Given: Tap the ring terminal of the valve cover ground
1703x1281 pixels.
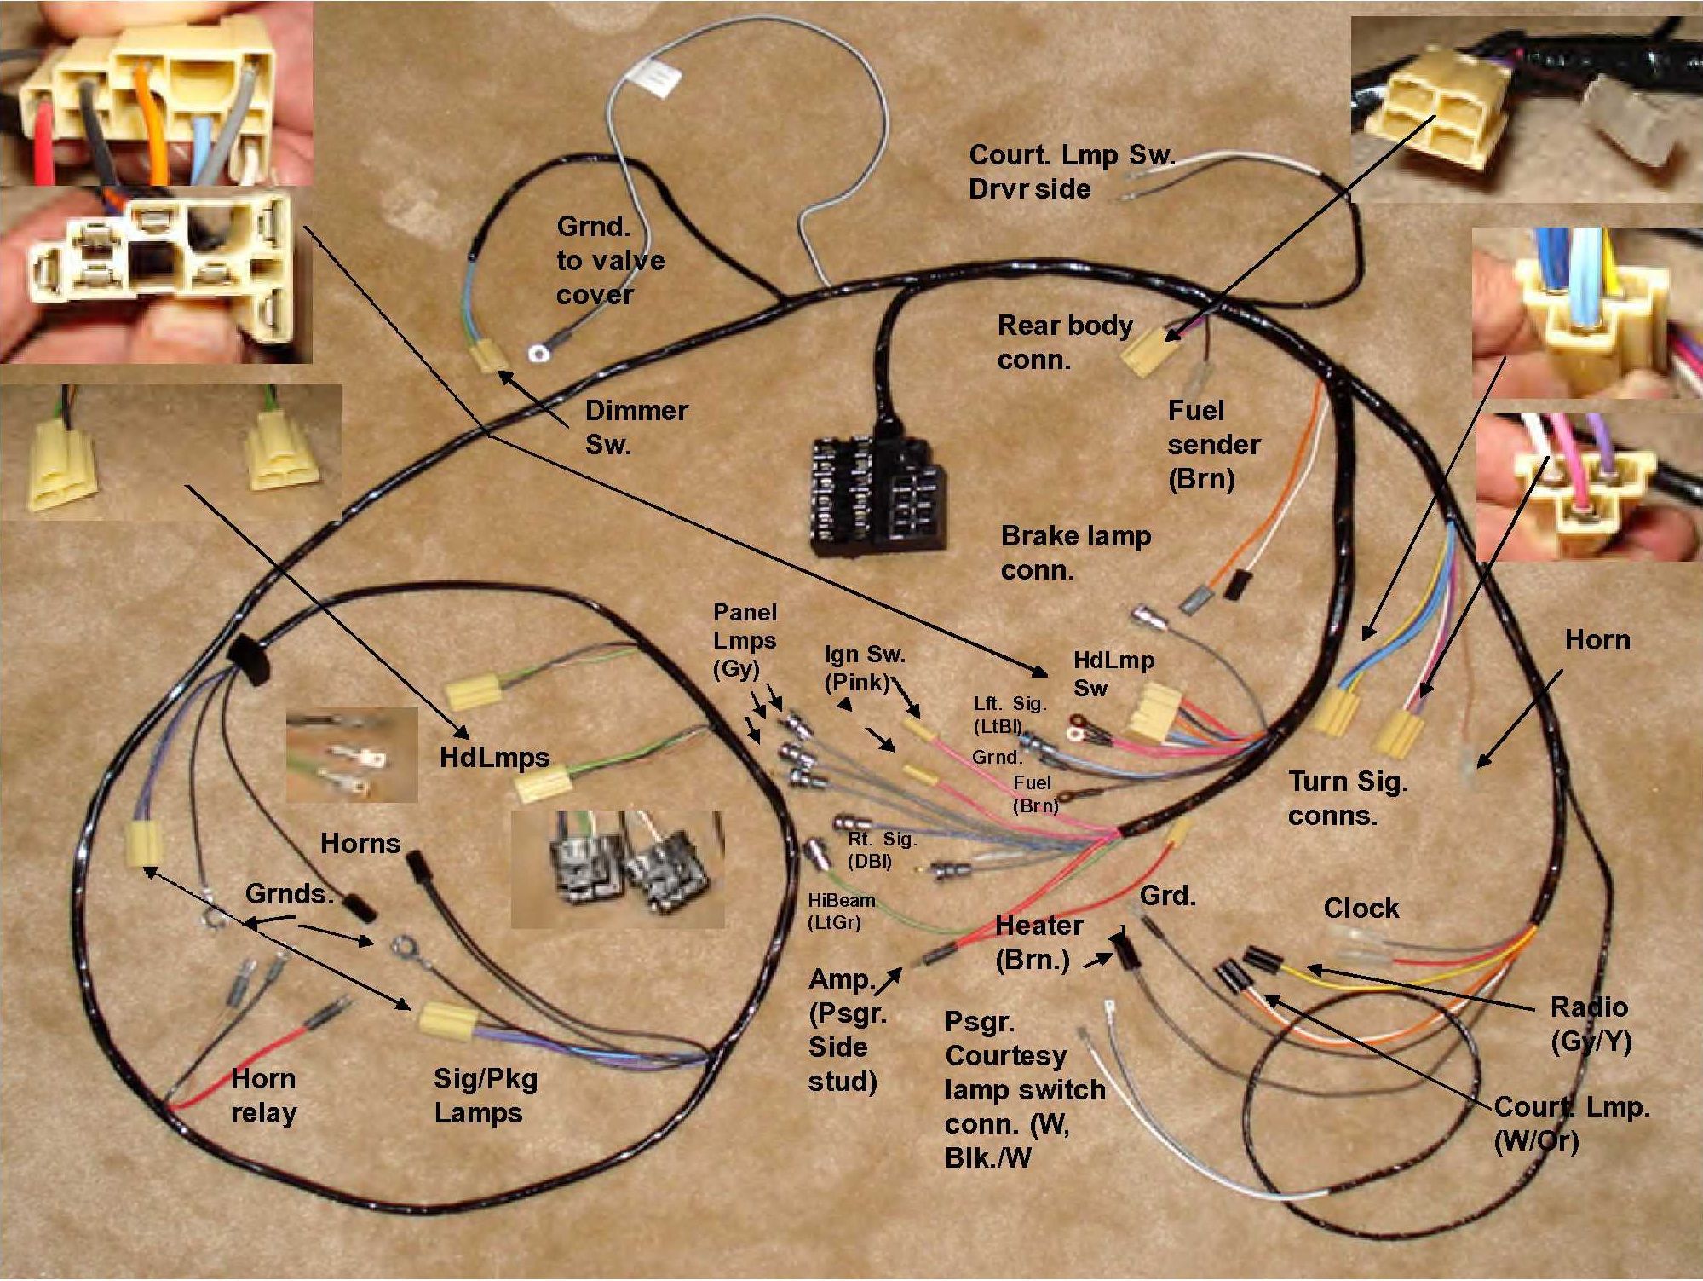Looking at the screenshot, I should [537, 352].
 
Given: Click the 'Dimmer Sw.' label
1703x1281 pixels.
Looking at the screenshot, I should [636, 427].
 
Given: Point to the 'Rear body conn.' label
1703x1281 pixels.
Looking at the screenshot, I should [1064, 342].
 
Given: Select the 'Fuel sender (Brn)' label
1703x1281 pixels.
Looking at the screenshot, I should [1213, 444].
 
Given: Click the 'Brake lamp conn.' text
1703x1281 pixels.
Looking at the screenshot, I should [1075, 552].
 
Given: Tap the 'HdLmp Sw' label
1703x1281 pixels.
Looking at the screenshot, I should [1113, 673].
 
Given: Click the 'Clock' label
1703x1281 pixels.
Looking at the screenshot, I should [1361, 908].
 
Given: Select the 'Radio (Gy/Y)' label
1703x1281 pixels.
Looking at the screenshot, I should [1589, 1023].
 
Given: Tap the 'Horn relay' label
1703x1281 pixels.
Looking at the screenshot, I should [263, 1095].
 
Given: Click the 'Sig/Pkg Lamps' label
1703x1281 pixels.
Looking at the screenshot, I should [485, 1095].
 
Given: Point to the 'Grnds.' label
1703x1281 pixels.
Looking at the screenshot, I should [289, 893].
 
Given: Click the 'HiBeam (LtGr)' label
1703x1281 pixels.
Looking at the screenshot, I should [841, 910].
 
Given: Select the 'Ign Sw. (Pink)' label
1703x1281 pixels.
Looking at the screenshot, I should [863, 667].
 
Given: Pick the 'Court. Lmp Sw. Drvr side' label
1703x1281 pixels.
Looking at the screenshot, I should [1071, 171].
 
